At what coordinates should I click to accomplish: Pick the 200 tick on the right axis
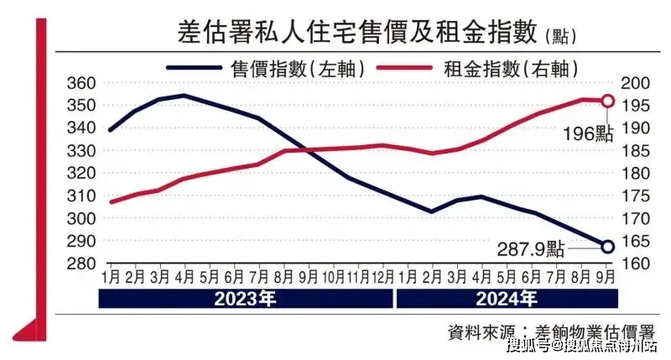coord(632,83)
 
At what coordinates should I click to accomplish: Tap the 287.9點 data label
coord(532,248)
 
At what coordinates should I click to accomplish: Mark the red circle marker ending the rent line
coord(608,101)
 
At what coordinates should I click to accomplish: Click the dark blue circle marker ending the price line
coord(608,246)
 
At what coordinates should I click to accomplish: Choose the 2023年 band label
coord(245,298)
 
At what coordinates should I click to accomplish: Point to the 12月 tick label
coord(382,276)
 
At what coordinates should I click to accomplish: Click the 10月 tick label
coord(335,276)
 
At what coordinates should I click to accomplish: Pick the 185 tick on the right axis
coord(632,151)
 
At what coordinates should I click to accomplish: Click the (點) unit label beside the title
coord(559,36)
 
